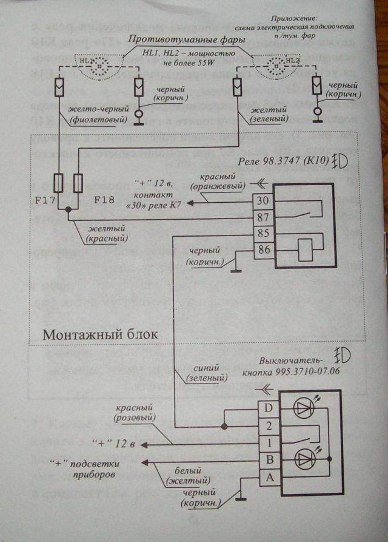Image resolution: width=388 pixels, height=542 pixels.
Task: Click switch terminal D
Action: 268,408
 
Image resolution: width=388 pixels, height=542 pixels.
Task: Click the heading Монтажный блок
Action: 101,334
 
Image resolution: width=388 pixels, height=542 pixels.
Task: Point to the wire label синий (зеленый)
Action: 207,373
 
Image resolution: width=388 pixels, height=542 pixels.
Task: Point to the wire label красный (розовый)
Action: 134,412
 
